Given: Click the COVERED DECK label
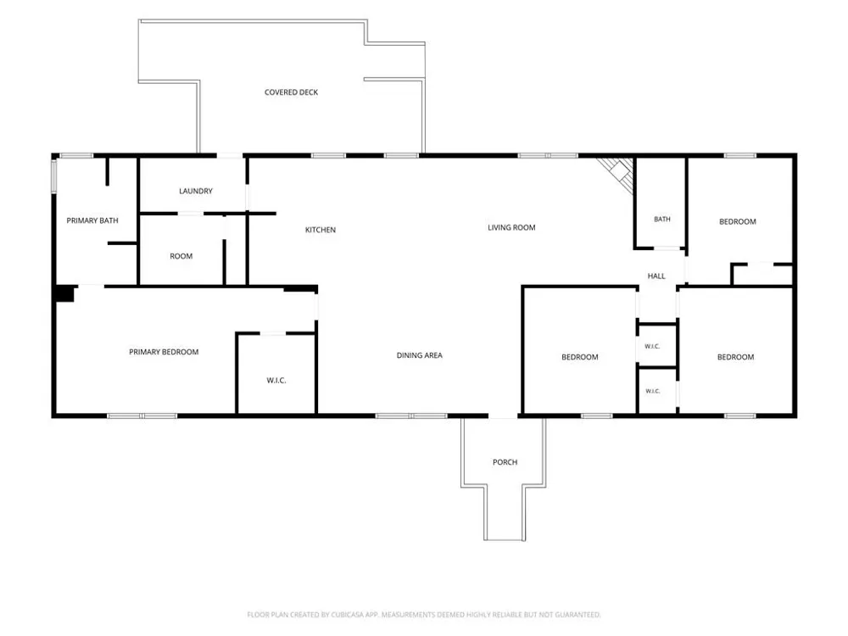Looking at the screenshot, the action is (x=291, y=92).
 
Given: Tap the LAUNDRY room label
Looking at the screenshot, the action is (x=196, y=191).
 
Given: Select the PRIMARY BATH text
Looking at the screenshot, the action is (x=92, y=220).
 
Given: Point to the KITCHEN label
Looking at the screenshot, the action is (x=321, y=230).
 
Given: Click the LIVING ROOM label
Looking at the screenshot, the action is (x=511, y=227).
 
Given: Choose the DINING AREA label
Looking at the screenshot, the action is (x=420, y=355).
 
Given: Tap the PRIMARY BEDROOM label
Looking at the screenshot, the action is (x=164, y=352).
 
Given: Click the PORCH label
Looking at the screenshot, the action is (x=505, y=462).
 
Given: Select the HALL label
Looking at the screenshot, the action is (x=656, y=276).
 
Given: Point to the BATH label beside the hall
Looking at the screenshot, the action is (x=662, y=219).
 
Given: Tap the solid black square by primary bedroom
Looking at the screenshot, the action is (x=65, y=293).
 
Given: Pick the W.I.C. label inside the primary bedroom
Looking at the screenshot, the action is (x=276, y=381).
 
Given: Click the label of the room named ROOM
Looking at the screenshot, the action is (x=181, y=256).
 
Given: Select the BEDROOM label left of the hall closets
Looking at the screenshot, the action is (x=580, y=357).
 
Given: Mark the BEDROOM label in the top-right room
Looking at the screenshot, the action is (x=738, y=221).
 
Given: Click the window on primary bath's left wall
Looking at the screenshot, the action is (x=54, y=176).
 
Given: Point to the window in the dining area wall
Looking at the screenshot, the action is (x=411, y=416).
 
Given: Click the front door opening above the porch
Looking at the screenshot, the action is (x=504, y=416).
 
